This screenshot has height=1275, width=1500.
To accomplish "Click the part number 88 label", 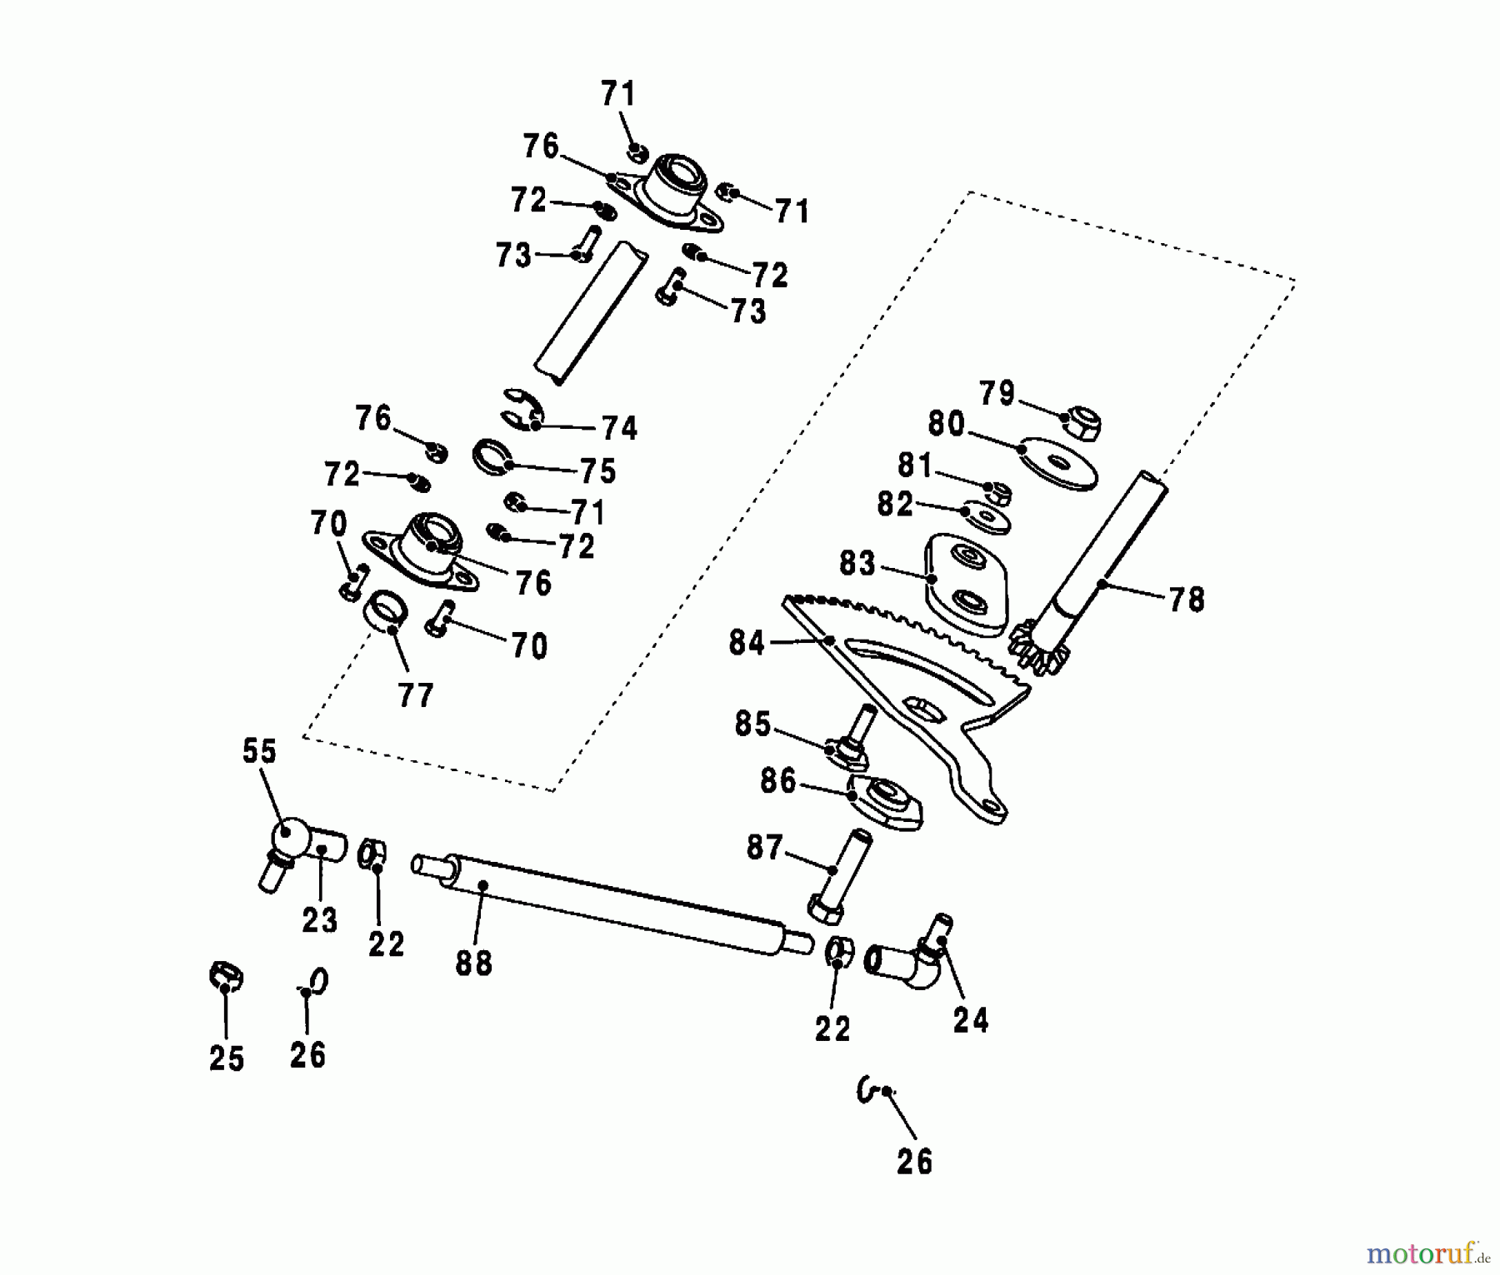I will pos(474,964).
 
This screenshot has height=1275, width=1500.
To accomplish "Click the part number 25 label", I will pos(227,1058).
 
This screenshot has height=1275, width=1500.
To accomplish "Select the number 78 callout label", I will pos(1187,600).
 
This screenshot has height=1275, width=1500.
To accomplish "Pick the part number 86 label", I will pos(778,782).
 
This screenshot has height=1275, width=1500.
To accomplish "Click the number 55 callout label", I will pos(259,751).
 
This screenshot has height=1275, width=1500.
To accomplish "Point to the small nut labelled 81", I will pos(1000,492).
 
